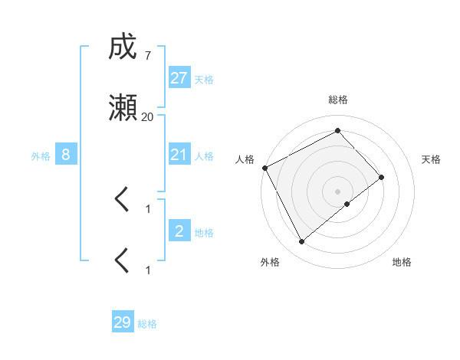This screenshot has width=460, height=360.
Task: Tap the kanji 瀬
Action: [123, 109]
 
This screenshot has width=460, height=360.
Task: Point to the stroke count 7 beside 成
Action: [147, 56]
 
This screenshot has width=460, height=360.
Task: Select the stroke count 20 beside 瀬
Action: [147, 116]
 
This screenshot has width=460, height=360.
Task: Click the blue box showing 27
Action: [179, 78]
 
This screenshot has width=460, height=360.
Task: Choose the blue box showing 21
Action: [179, 155]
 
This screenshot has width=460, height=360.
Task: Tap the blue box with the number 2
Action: [179, 231]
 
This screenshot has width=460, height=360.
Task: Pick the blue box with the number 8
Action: [66, 155]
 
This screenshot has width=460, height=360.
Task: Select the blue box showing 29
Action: [123, 322]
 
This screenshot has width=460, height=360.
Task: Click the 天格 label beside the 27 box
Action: [204, 80]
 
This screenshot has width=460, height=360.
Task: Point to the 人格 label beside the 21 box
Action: [204, 156]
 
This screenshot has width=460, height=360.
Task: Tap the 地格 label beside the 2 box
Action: [204, 232]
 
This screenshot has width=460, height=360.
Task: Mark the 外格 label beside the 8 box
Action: [41, 156]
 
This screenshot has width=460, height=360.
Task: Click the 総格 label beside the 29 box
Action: [147, 324]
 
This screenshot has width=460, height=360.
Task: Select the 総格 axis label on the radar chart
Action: [337, 100]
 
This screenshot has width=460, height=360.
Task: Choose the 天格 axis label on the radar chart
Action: [432, 159]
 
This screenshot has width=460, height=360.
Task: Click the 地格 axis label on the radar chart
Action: [402, 262]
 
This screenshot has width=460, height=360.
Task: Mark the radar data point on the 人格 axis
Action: [264, 168]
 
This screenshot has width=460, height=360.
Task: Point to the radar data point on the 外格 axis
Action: [302, 242]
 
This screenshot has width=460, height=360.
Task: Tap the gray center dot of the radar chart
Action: [337, 190]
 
